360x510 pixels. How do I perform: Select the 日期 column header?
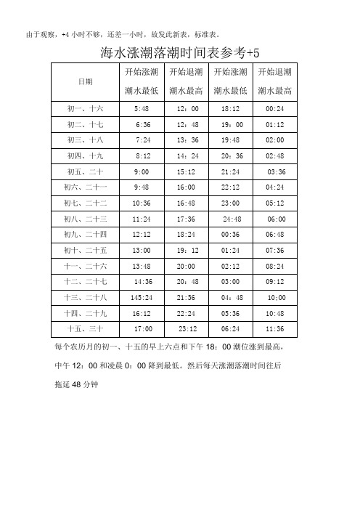[x=85, y=81]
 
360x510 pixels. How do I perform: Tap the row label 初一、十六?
[x=85, y=108]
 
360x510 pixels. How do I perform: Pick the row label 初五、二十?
[x=85, y=171]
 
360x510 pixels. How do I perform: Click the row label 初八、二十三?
[x=85, y=219]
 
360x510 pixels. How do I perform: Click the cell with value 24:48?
[x=232, y=219]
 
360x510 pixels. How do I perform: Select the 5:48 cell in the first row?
[x=142, y=108]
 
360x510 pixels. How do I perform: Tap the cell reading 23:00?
[x=231, y=203]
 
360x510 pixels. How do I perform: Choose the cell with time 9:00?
[x=142, y=171]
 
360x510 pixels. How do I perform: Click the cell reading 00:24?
[x=276, y=108]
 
